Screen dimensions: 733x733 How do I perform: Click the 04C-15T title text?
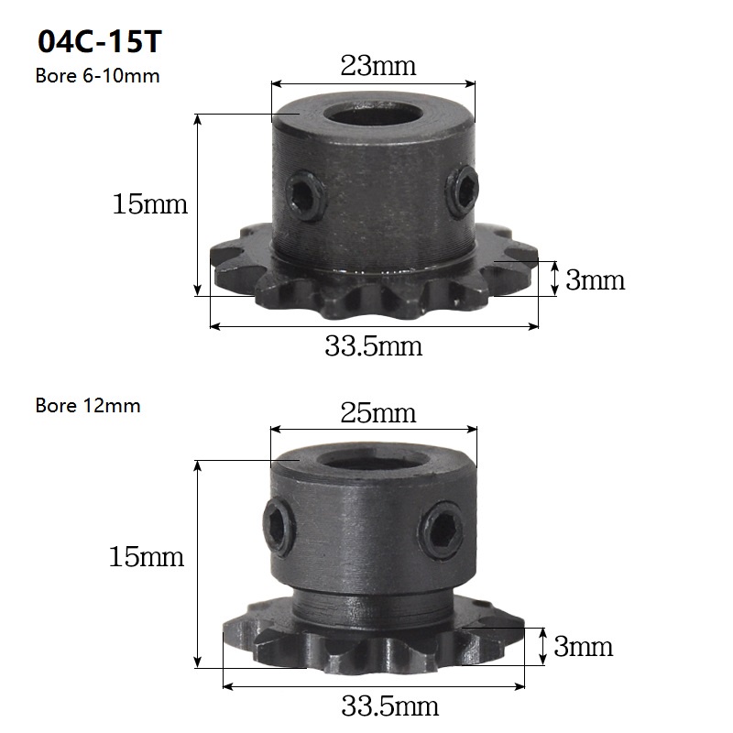(100, 41)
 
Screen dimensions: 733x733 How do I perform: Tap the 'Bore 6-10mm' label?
(97, 76)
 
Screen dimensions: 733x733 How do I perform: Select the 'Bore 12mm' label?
(88, 405)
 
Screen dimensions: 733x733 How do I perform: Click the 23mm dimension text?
(377, 65)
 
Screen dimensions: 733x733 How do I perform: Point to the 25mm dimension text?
(377, 413)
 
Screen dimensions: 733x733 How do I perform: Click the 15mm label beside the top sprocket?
(149, 204)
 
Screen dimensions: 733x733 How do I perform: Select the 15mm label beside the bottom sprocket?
(147, 557)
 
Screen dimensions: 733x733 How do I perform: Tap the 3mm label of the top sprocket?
(595, 280)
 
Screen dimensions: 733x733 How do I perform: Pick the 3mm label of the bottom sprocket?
(583, 647)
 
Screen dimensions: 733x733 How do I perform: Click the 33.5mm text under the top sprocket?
(374, 346)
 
